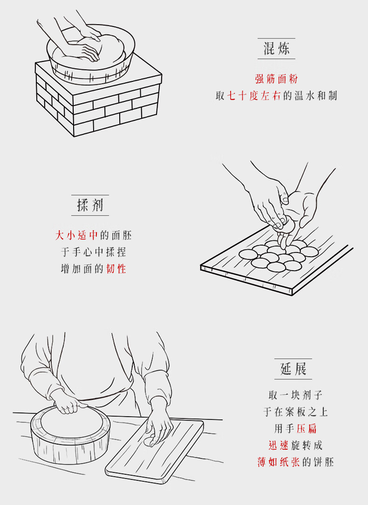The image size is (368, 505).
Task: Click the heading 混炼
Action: [x=276, y=48]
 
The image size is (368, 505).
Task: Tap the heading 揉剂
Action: [x=90, y=205]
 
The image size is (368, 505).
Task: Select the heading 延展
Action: [x=293, y=368]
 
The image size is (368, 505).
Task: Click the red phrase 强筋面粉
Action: [x=276, y=79]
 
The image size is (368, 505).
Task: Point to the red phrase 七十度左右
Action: [x=254, y=96]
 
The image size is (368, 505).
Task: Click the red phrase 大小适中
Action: [x=76, y=235]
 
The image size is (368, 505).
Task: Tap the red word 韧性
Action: [x=116, y=269]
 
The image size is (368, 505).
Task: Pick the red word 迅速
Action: [x=279, y=445]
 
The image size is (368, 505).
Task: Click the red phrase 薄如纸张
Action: [x=279, y=462]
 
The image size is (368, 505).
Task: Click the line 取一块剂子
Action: [x=295, y=395]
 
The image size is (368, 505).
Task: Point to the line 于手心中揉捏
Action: [x=93, y=252]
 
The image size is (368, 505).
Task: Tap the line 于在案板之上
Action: [x=295, y=412]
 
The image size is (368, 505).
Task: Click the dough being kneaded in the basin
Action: [x=88, y=52]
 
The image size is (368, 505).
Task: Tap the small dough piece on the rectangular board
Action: [x=150, y=441]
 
